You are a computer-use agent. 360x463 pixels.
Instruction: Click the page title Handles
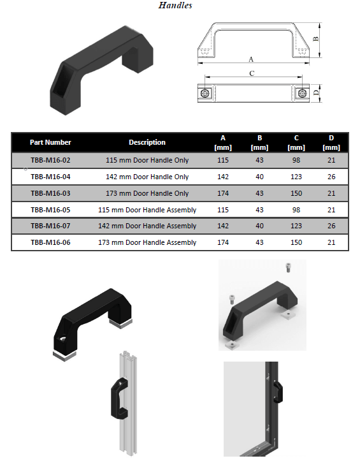175,5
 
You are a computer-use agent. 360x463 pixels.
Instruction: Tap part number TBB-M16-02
50,160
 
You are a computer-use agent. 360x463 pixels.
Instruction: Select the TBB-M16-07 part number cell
50,226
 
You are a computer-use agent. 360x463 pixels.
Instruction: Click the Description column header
147,142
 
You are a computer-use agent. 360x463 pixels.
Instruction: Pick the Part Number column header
50,142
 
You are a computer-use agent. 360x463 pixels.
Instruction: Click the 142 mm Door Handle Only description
147,177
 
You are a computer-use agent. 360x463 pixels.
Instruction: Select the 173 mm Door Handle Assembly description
147,242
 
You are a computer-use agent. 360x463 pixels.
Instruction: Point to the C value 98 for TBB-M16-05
296,210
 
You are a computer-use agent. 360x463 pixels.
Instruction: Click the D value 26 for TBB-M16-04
331,177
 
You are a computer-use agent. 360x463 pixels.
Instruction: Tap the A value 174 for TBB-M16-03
223,193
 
